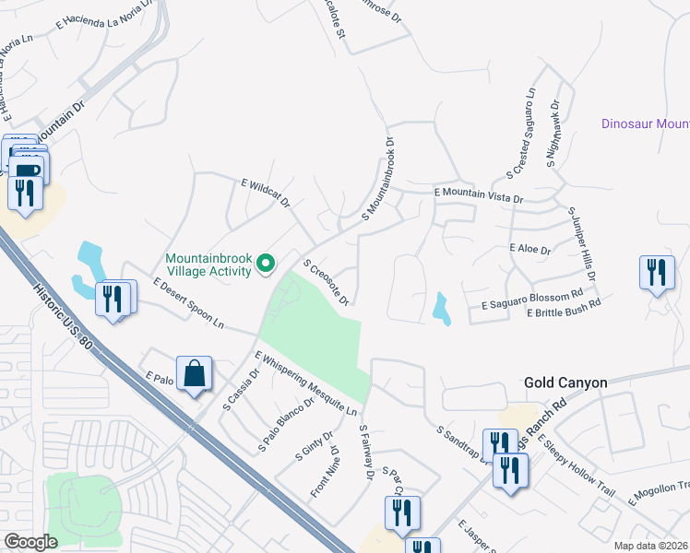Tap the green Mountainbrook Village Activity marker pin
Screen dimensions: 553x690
tap(267, 265)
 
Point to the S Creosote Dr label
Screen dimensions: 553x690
tap(326, 283)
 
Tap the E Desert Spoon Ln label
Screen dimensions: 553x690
tap(188, 303)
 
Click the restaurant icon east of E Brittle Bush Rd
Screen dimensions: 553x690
tap(656, 272)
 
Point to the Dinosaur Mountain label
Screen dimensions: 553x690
tap(645, 124)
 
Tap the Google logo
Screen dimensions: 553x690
tap(31, 541)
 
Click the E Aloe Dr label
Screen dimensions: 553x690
tap(529, 249)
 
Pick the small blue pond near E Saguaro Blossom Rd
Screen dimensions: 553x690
tap(441, 309)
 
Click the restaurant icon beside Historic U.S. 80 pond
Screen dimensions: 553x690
tap(114, 299)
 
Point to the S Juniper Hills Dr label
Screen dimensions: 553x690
tap(583, 244)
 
